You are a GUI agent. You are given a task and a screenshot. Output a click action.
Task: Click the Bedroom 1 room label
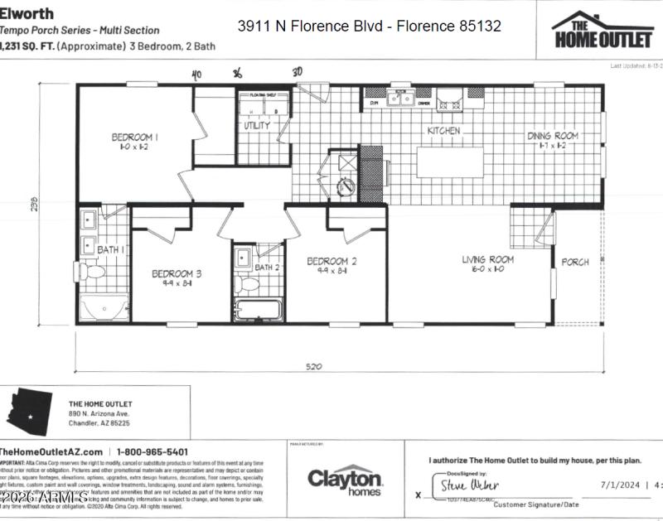tap(135, 137)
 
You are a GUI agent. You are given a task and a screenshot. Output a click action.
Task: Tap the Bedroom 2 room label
tap(331, 262)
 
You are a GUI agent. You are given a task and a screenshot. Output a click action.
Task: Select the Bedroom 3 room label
tap(176, 273)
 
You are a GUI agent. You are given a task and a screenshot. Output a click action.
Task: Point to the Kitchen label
tap(443, 131)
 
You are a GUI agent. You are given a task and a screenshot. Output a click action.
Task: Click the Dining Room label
tap(553, 135)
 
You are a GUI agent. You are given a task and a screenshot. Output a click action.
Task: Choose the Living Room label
tap(487, 259)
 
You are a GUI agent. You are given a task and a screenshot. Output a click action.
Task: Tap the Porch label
tap(575, 262)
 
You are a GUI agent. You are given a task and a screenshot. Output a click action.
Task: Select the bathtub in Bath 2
tap(258, 311)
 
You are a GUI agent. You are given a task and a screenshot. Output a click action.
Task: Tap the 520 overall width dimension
tap(313, 366)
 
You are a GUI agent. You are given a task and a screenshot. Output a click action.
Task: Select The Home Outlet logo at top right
tap(603, 31)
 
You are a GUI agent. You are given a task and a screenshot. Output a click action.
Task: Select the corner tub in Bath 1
tap(101, 305)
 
